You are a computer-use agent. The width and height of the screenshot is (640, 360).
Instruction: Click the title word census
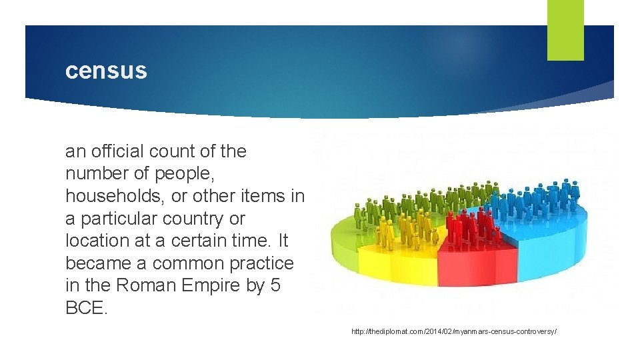click(106, 71)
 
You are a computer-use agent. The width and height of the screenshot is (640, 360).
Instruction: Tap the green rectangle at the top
click(565, 29)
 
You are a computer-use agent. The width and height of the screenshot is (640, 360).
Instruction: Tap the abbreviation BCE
click(85, 308)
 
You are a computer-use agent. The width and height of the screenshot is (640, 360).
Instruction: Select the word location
click(95, 241)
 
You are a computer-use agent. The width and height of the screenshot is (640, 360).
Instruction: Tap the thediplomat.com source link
click(454, 331)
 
